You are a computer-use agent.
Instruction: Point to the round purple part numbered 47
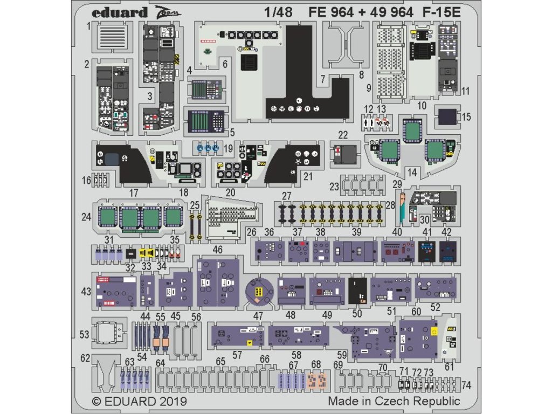point(258,292)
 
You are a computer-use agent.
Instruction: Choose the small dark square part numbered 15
point(446,116)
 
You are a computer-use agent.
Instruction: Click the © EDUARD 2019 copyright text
point(140,401)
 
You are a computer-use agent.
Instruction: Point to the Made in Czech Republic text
point(394,401)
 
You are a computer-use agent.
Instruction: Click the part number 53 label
point(84,335)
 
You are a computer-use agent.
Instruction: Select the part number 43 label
point(86,292)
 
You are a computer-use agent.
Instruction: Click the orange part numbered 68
point(316,381)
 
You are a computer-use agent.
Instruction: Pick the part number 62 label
point(85,357)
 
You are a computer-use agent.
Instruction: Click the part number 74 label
point(466,385)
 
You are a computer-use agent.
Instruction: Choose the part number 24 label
point(86,217)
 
